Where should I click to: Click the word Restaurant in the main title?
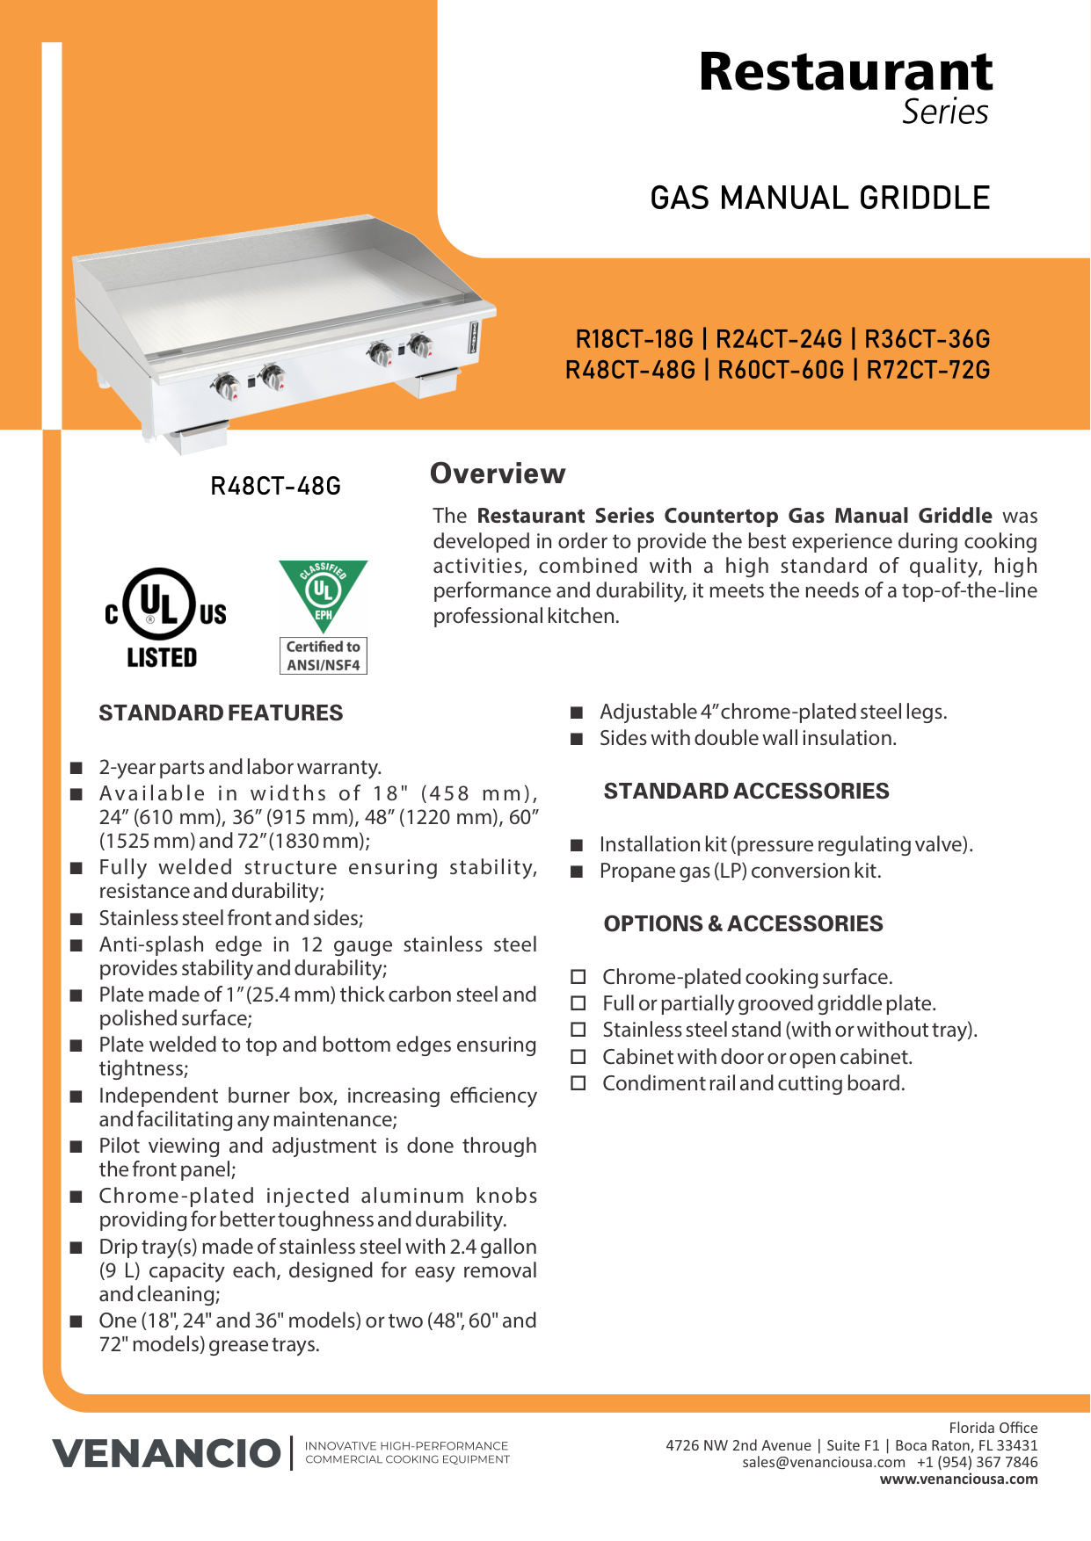(x=845, y=72)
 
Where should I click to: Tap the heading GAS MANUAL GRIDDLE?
(x=819, y=199)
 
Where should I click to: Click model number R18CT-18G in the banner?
(x=634, y=339)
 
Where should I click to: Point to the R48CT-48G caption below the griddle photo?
(x=275, y=486)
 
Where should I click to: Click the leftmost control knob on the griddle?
(x=226, y=386)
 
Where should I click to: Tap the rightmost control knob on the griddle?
(x=420, y=345)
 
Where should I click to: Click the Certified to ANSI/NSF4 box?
(x=323, y=656)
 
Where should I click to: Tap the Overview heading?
(x=498, y=474)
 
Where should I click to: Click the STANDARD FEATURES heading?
(x=221, y=713)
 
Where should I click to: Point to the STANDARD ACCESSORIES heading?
(x=746, y=791)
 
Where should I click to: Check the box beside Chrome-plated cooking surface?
(x=578, y=977)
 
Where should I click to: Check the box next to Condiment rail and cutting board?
(x=578, y=1083)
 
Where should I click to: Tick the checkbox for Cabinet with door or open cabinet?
(x=578, y=1057)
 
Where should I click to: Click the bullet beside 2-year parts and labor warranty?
(x=77, y=768)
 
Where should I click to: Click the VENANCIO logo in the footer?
(x=166, y=1453)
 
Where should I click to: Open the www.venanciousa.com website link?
(x=958, y=1479)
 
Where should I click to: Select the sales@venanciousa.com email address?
(x=823, y=1462)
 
